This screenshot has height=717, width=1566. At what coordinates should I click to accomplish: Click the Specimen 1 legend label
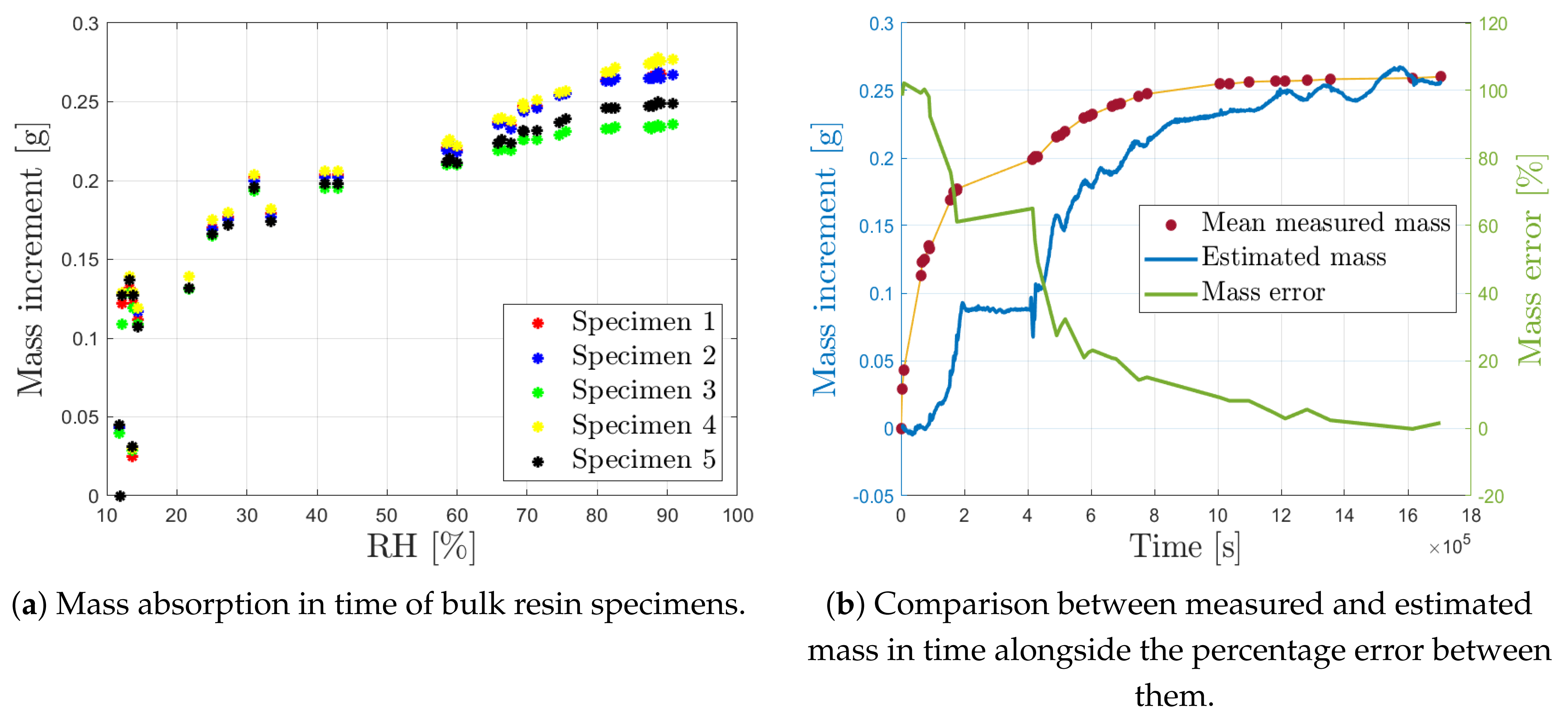[x=643, y=322]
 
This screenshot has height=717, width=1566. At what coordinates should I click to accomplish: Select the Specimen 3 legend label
[x=643, y=391]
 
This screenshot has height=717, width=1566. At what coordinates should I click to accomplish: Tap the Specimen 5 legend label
[x=643, y=460]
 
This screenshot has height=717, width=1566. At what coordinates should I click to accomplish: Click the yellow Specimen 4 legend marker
[x=537, y=426]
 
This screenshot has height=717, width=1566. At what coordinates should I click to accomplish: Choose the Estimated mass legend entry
[x=1294, y=257]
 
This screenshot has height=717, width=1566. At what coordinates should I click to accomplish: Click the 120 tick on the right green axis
[x=1493, y=24]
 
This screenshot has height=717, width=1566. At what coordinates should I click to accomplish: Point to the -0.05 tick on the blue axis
[x=874, y=496]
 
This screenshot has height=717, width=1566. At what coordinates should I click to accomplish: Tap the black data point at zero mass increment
[x=120, y=496]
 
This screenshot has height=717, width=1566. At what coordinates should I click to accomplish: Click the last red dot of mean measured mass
[x=1440, y=77]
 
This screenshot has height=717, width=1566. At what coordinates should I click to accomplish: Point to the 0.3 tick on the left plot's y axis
[x=85, y=24]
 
